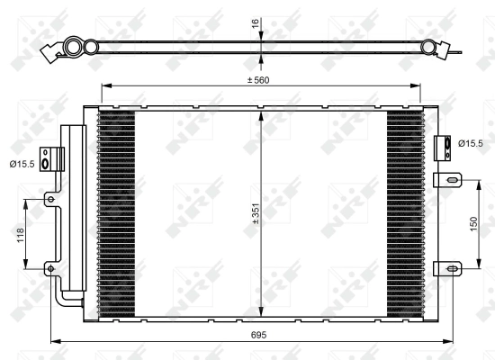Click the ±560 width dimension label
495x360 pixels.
click(259, 80)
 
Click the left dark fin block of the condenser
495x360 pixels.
click(116, 211)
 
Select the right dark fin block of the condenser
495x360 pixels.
click(404, 211)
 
